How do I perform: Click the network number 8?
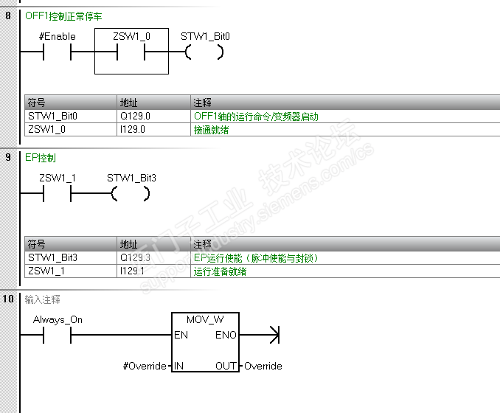tap(8, 15)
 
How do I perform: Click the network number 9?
tap(8, 158)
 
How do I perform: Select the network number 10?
tap(9, 299)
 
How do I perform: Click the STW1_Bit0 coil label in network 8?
tap(205, 35)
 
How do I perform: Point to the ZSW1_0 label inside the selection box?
tap(131, 35)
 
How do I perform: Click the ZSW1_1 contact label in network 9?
tap(57, 178)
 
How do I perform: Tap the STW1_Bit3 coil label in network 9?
tap(131, 178)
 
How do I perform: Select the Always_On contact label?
tap(58, 320)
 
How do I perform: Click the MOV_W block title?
tap(205, 320)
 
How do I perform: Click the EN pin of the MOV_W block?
tap(181, 336)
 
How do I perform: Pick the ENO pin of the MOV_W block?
tap(226, 336)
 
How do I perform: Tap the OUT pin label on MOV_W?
tap(226, 366)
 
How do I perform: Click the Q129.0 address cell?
tap(135, 117)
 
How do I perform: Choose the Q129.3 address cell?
tap(135, 258)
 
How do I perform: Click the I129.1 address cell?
tap(133, 271)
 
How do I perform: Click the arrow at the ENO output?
tap(274, 336)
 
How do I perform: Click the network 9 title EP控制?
tap(41, 158)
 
